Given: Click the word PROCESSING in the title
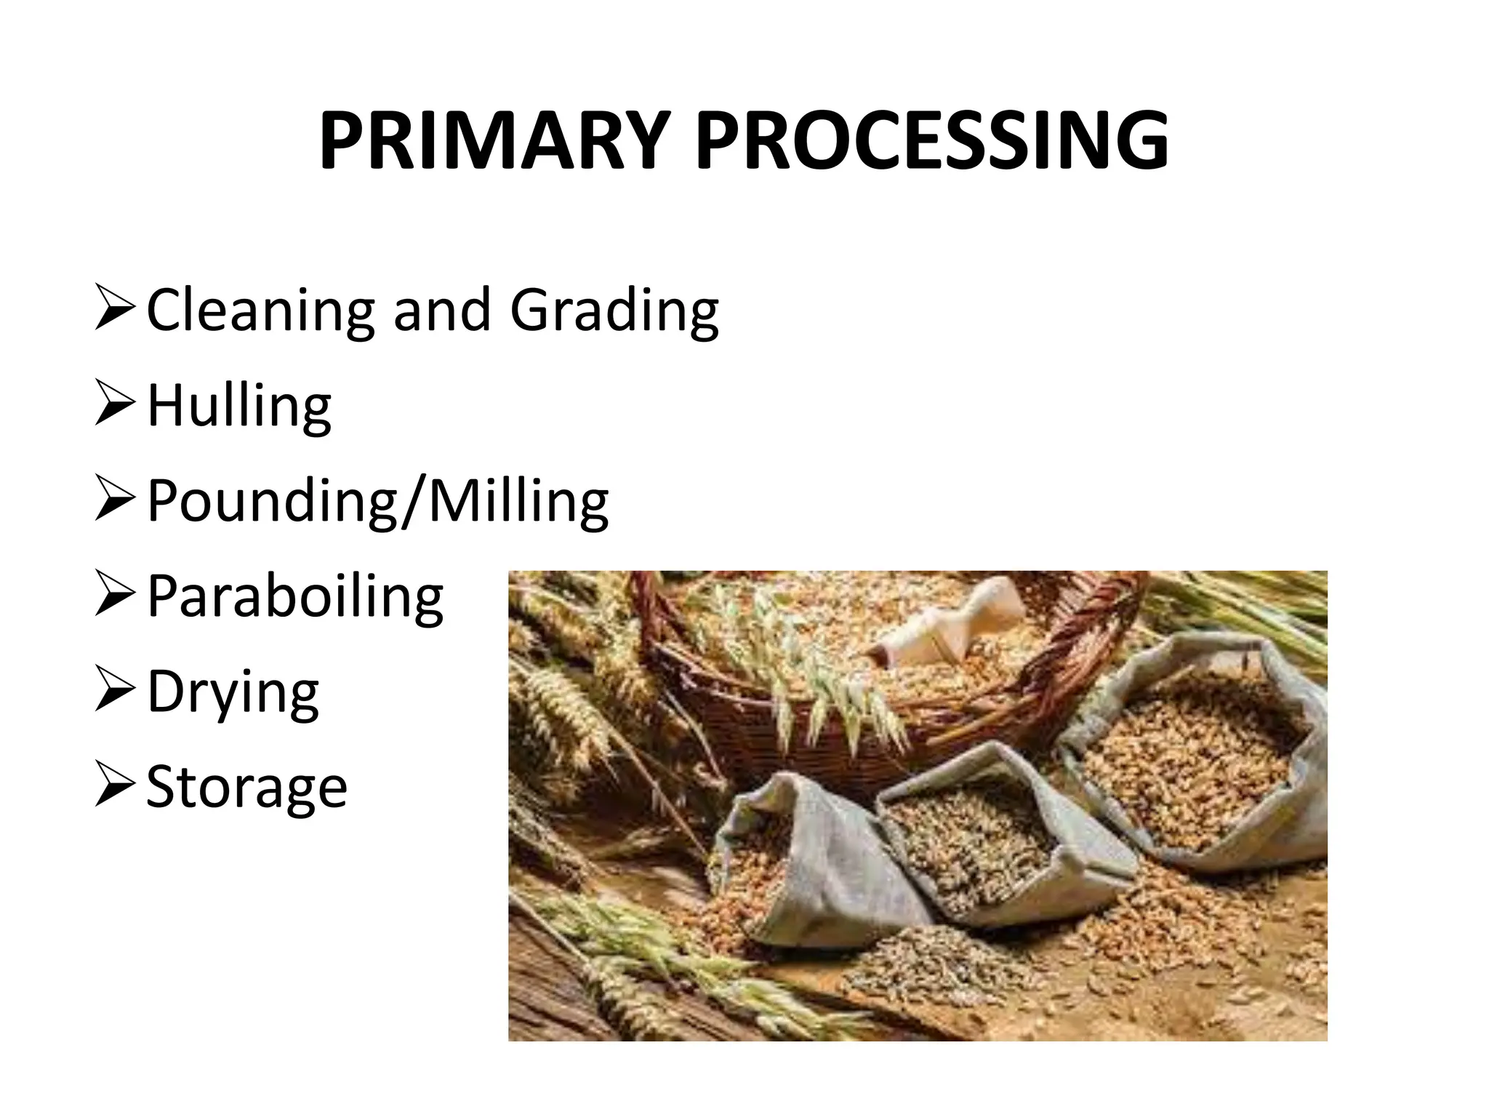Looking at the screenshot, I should pyautogui.click(x=932, y=142).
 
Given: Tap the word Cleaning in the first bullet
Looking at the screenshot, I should pyautogui.click(x=260, y=311).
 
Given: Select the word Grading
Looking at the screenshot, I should pyautogui.click(x=614, y=311).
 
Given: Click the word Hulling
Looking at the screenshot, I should pyautogui.click(x=239, y=407).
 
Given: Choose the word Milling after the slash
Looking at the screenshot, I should pyautogui.click(x=518, y=502).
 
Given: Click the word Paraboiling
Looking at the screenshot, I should pyautogui.click(x=295, y=597).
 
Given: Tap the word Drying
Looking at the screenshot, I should pyautogui.click(x=233, y=693).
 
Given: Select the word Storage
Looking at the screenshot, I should pyautogui.click(x=247, y=788).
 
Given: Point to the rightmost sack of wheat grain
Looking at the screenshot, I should pyautogui.click(x=1192, y=764).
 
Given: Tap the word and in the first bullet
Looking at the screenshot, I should pyautogui.click(x=442, y=311).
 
